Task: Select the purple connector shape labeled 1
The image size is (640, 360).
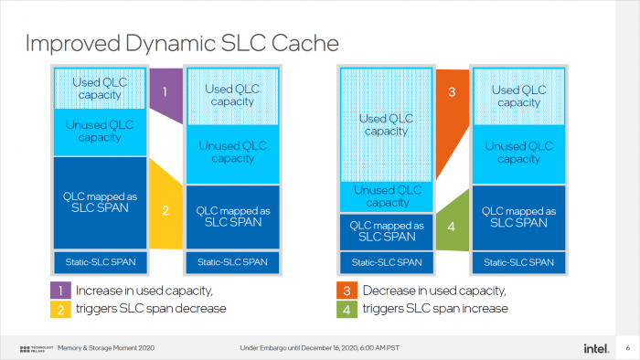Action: [x=165, y=94]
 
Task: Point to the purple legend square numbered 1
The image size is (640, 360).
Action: [x=58, y=291]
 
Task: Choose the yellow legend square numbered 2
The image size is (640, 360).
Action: [x=58, y=309]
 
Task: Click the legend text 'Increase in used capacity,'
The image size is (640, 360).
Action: [x=144, y=291]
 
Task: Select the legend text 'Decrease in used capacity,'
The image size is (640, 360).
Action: [x=434, y=291]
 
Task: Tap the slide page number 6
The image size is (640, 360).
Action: [x=627, y=348]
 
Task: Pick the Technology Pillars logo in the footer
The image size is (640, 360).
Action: [x=37, y=348]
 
